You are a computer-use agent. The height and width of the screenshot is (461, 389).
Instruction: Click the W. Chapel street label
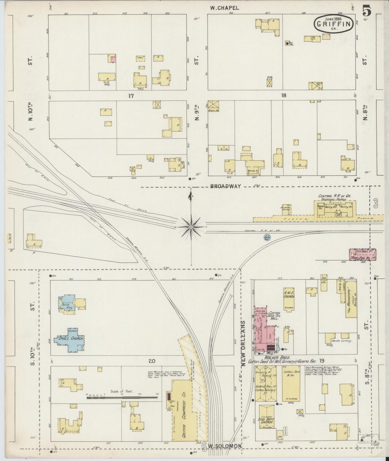click(224, 8)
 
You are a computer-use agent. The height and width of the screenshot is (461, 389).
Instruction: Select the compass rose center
click(191, 227)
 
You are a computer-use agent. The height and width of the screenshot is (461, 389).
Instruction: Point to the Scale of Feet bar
click(122, 397)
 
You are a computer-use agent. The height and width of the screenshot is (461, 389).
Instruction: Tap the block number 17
click(131, 96)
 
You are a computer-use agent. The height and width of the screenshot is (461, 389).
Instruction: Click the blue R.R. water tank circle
click(267, 237)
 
